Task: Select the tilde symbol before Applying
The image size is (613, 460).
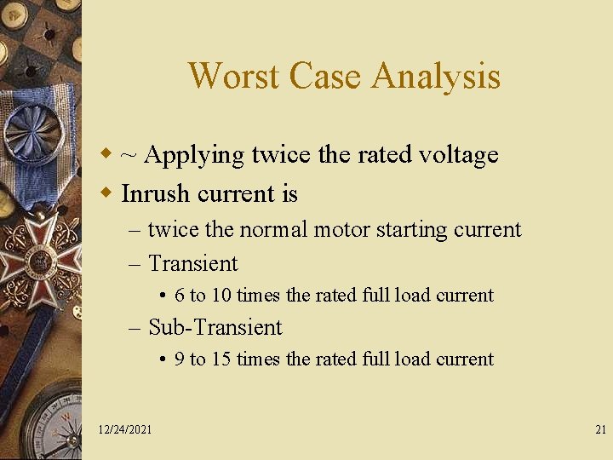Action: point(130,155)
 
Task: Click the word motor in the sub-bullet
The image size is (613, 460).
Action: point(343,230)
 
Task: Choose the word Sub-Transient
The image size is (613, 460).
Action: point(215,327)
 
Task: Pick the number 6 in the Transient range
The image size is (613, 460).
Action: point(180,296)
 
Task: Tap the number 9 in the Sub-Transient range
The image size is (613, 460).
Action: point(180,359)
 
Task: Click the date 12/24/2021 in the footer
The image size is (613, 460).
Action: point(125,430)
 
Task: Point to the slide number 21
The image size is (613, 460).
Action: point(600,430)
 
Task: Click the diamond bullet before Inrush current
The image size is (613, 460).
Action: point(106,193)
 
